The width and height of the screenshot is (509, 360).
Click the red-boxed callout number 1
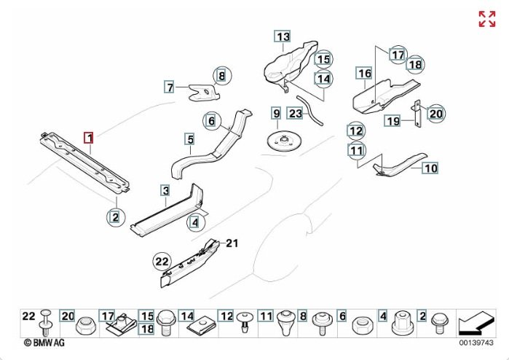(x=89, y=137)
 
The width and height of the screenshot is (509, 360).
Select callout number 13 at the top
(x=282, y=36)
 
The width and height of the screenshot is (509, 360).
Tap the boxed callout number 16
(x=364, y=73)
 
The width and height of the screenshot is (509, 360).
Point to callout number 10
(x=430, y=168)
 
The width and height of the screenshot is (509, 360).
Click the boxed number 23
(x=295, y=113)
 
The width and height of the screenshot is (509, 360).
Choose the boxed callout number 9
(x=276, y=113)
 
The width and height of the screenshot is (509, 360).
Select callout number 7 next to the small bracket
(x=170, y=87)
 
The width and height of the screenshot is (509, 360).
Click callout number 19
(x=392, y=121)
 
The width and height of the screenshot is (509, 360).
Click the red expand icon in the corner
(x=486, y=19)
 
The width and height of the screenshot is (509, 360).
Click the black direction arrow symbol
(x=474, y=321)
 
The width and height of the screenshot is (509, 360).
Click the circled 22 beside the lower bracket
(x=161, y=259)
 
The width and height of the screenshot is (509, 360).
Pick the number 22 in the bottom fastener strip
(x=28, y=316)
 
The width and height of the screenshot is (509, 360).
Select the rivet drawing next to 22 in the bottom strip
(x=47, y=320)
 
